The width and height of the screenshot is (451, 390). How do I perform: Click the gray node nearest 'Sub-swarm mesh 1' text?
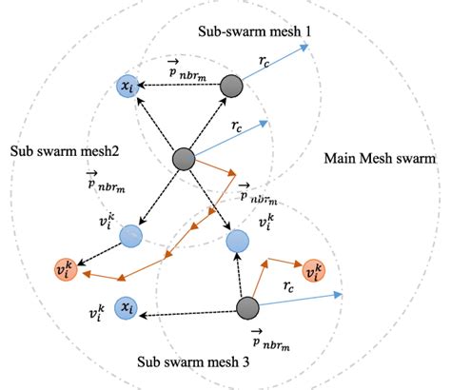[x=232, y=87]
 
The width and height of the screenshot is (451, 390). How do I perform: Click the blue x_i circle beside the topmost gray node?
[x=126, y=87]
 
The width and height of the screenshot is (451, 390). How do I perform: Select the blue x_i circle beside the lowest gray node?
[x=126, y=306]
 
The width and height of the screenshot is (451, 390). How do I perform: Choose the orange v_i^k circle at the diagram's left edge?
[x=65, y=269]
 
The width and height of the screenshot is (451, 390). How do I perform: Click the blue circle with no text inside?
[x=130, y=234]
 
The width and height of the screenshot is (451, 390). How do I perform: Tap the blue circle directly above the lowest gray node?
[x=238, y=242]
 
